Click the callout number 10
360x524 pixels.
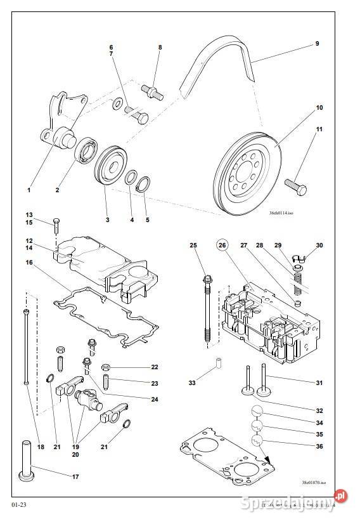pyautogui.click(x=319, y=108)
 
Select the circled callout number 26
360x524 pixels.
pyautogui.click(x=222, y=246)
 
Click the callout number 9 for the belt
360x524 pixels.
pyautogui.click(x=317, y=44)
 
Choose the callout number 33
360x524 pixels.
pyautogui.click(x=193, y=383)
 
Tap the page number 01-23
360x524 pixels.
pyautogui.click(x=18, y=505)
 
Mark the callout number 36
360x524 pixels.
pyautogui.click(x=319, y=447)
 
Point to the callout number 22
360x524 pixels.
pyautogui.click(x=154, y=367)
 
